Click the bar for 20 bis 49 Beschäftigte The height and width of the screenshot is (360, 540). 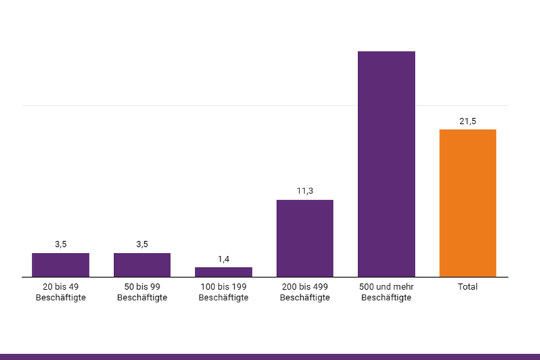coord(60,265)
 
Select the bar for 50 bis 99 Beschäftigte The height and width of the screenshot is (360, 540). coord(142,265)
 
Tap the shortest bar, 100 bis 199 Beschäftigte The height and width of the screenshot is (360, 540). coord(224,272)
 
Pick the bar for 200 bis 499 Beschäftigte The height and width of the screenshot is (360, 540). coord(304,238)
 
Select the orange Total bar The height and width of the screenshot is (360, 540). coord(468,203)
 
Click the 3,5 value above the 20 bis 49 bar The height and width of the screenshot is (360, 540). coord(60,245)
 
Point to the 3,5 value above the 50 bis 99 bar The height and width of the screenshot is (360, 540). coord(142,245)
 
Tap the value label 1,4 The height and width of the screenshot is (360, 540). coord(224,259)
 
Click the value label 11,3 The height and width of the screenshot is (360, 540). coord(304,191)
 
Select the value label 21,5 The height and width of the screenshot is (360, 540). coord(468,121)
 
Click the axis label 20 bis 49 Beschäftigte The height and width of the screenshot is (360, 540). coord(60,292)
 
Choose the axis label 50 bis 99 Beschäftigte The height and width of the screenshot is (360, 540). coord(142,292)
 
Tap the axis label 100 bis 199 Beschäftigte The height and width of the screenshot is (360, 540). coord(224,292)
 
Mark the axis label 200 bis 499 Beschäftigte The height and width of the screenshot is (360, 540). coord(304,292)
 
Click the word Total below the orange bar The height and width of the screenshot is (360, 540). coord(468,287)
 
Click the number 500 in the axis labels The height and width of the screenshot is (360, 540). coord(366,287)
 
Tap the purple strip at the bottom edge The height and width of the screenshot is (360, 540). coord(270,356)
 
